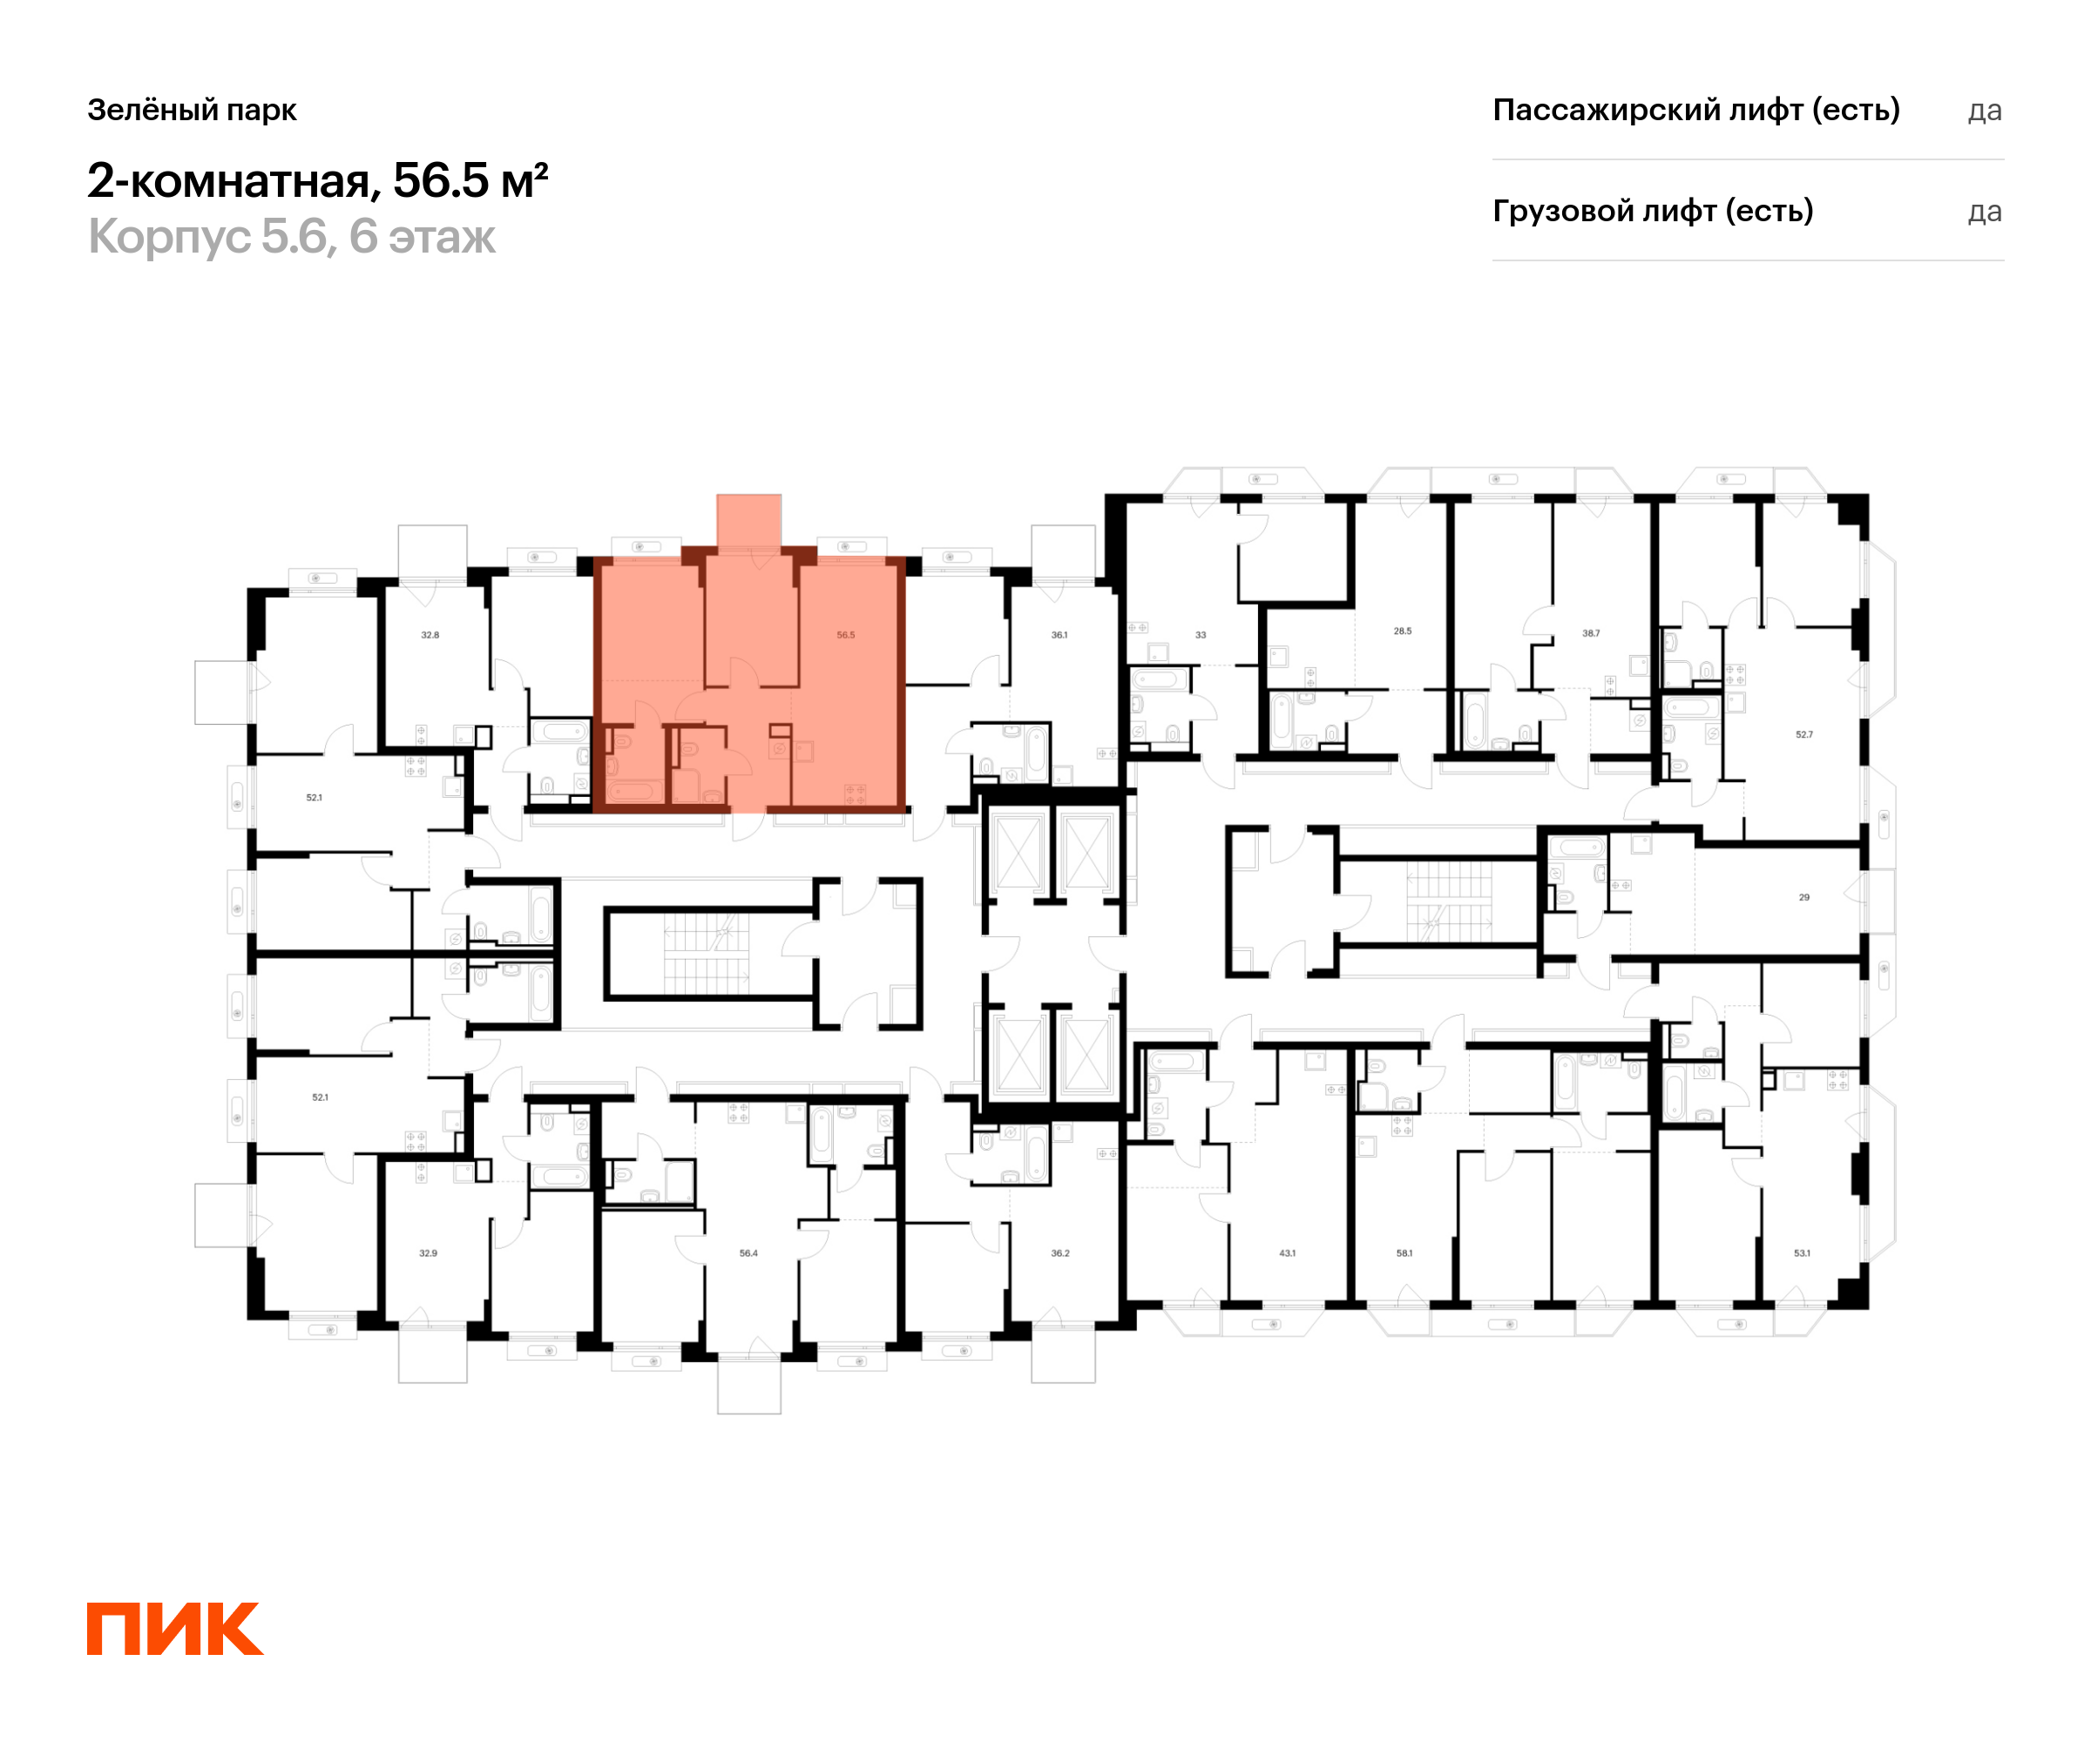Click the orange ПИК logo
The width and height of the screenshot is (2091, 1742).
pyautogui.click(x=174, y=1629)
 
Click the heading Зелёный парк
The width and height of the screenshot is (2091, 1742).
pyautogui.click(x=193, y=110)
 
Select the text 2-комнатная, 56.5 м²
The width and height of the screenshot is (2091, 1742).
pyautogui.click(x=318, y=181)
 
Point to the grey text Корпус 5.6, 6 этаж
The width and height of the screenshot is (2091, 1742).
pyautogui.click(x=292, y=237)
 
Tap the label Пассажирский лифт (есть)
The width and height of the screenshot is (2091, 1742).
pyautogui.click(x=1695, y=110)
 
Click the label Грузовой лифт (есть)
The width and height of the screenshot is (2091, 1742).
pyautogui.click(x=1653, y=211)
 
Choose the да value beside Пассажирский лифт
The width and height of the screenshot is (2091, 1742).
pyautogui.click(x=1985, y=111)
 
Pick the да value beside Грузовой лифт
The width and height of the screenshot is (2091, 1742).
pyautogui.click(x=1985, y=212)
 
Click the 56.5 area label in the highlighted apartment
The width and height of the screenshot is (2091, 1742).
pyautogui.click(x=845, y=635)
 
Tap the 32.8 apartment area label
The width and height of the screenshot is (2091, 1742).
pyautogui.click(x=430, y=635)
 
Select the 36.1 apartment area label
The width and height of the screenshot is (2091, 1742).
pyautogui.click(x=1059, y=635)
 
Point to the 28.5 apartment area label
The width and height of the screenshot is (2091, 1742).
pyautogui.click(x=1402, y=631)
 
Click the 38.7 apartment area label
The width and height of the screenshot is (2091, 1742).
pyautogui.click(x=1591, y=633)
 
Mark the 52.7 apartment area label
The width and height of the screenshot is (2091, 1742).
pyautogui.click(x=1804, y=734)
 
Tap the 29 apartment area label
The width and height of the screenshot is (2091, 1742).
pyautogui.click(x=1804, y=898)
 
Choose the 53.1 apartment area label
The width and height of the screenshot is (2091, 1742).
pyautogui.click(x=1803, y=1253)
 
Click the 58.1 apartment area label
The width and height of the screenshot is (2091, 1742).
pyautogui.click(x=1404, y=1253)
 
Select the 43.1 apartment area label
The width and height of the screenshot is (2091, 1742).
pyautogui.click(x=1288, y=1253)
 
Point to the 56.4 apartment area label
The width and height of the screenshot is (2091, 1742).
pyautogui.click(x=748, y=1253)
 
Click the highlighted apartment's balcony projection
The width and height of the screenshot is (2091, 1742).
pyautogui.click(x=748, y=521)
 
